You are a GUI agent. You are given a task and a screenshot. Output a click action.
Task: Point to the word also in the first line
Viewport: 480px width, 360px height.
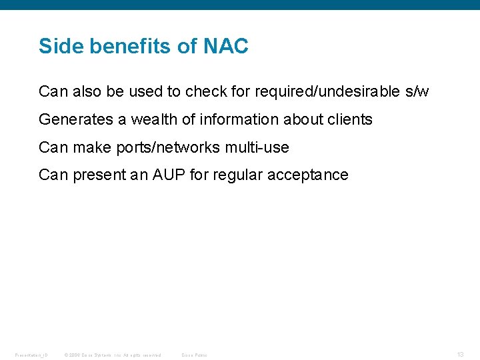(85, 91)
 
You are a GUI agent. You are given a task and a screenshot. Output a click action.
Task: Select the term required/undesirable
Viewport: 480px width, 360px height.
(311, 91)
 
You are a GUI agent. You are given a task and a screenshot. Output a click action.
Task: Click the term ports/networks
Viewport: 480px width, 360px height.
(168, 147)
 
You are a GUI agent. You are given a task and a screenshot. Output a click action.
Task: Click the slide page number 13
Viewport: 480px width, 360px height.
(460, 355)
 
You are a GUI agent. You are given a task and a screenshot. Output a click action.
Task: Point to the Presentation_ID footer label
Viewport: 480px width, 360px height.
(31, 355)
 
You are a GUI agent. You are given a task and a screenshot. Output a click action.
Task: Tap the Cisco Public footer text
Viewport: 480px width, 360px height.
(194, 355)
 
